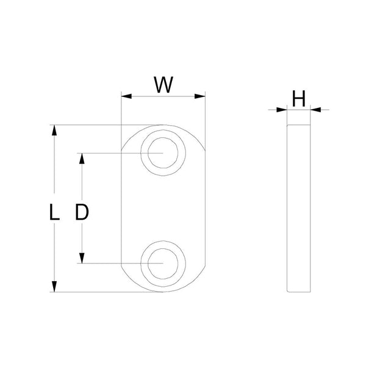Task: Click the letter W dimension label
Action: point(163,84)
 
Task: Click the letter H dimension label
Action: point(298,98)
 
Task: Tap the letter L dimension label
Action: point(54,212)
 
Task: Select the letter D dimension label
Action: point(82,212)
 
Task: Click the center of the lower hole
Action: point(163,263)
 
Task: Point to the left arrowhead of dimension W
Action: point(126,96)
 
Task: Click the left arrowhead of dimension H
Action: point(283,110)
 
